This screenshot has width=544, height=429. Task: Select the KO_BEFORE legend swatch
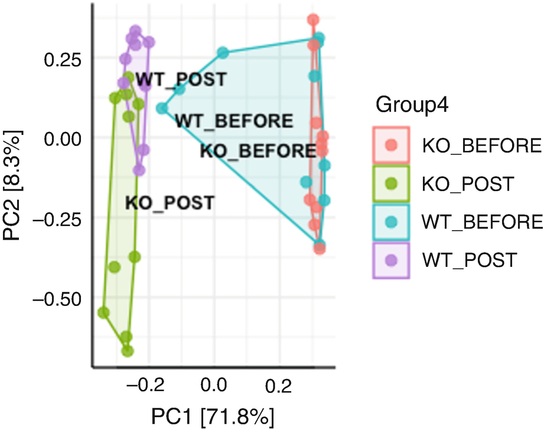point(390,144)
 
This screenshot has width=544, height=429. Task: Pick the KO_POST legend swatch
point(390,183)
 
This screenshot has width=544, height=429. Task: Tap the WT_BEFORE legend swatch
point(390,221)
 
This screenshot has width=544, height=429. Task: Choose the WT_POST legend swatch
point(390,259)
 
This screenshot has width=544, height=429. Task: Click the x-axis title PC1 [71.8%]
point(213,414)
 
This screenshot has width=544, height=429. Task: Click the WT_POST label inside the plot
point(181,79)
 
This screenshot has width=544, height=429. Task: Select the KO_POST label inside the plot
point(169,202)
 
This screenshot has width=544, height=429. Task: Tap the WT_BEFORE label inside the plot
point(234,121)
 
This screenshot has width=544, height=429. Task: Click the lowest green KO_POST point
point(127,351)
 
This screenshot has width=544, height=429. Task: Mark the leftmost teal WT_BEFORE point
point(162,108)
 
